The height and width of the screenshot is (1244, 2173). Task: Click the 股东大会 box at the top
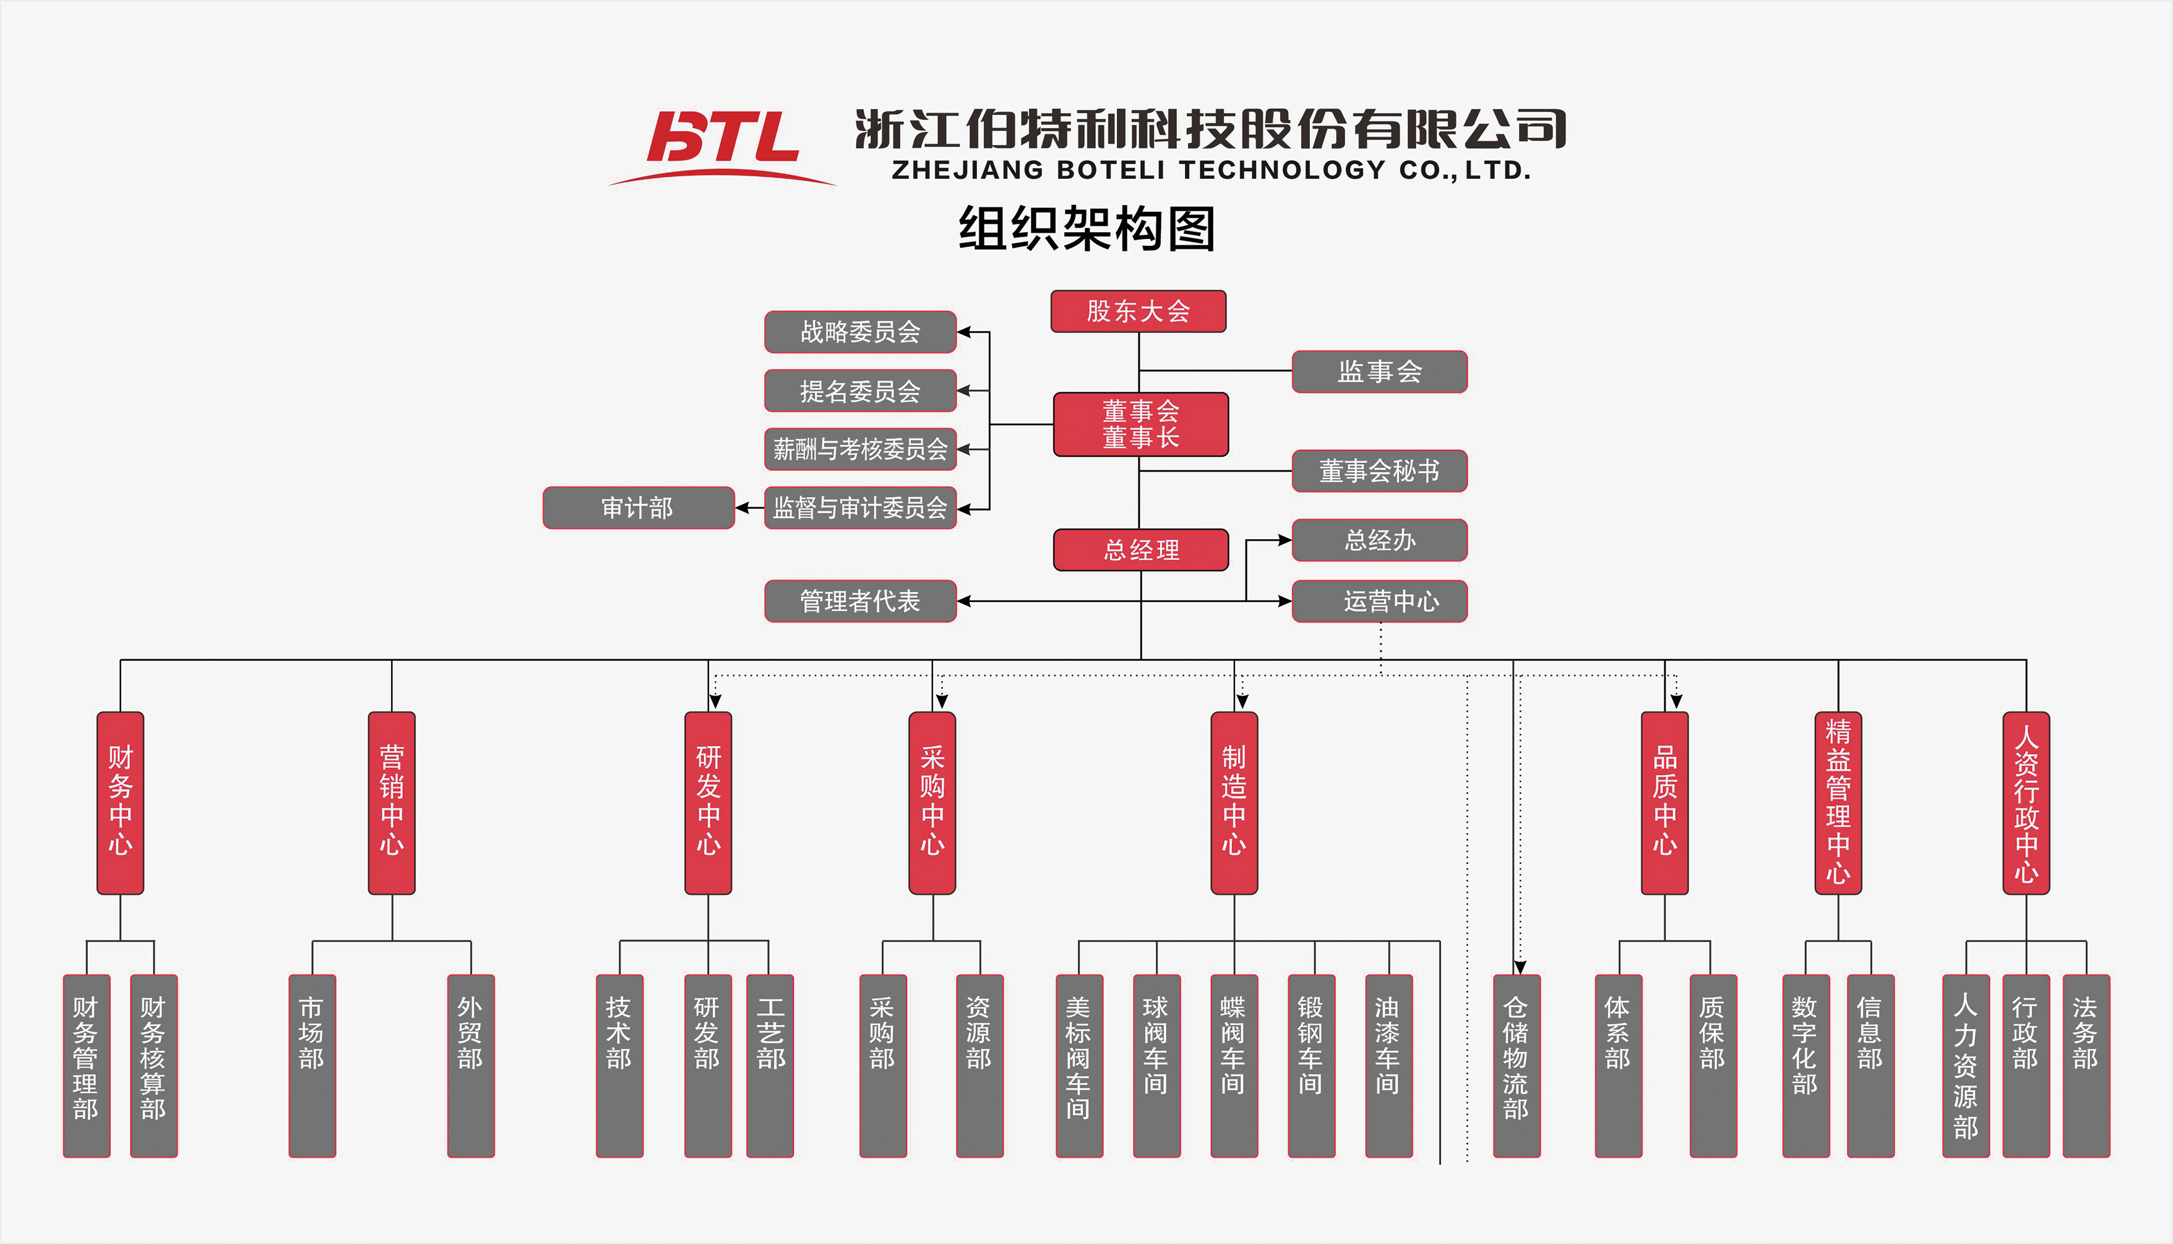point(1138,311)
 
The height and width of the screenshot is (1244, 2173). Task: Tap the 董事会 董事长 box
point(1140,425)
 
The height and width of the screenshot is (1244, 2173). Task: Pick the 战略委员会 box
point(859,332)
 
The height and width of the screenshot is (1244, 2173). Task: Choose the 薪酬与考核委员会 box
point(859,449)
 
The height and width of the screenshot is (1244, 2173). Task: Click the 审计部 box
point(638,508)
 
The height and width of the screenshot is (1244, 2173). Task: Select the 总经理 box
point(1140,550)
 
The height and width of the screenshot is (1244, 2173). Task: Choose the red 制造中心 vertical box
point(1233,803)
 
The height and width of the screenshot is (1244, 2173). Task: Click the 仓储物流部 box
point(1516,1065)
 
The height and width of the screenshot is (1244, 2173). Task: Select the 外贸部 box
point(471,1065)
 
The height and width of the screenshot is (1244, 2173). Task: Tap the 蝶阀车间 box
point(1233,1065)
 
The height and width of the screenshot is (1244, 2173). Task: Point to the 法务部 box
point(2085,1065)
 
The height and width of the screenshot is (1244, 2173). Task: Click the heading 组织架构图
point(1086,229)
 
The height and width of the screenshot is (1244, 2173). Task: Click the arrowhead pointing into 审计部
point(742,508)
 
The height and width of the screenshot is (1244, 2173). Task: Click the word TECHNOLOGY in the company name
point(1281,170)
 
